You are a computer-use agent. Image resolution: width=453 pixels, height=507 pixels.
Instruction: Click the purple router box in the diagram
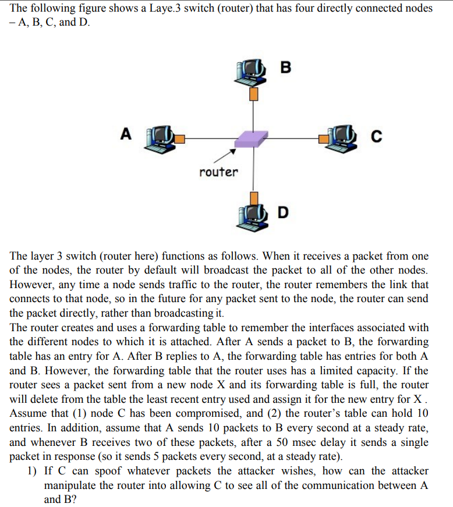251,139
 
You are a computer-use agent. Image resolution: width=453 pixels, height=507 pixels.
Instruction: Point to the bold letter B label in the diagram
284,67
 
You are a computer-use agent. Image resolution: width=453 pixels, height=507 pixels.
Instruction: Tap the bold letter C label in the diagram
376,137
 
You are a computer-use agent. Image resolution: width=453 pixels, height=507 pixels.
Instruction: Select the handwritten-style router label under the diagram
218,172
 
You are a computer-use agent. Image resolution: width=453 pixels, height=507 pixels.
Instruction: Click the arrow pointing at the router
224,155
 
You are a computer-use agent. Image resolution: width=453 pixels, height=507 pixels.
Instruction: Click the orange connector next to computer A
181,139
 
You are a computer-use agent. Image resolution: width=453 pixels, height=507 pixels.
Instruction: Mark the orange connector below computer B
253,93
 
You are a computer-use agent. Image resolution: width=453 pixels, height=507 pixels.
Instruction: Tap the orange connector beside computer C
323,139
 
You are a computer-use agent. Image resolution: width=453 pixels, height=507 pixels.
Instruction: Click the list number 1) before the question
33,470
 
